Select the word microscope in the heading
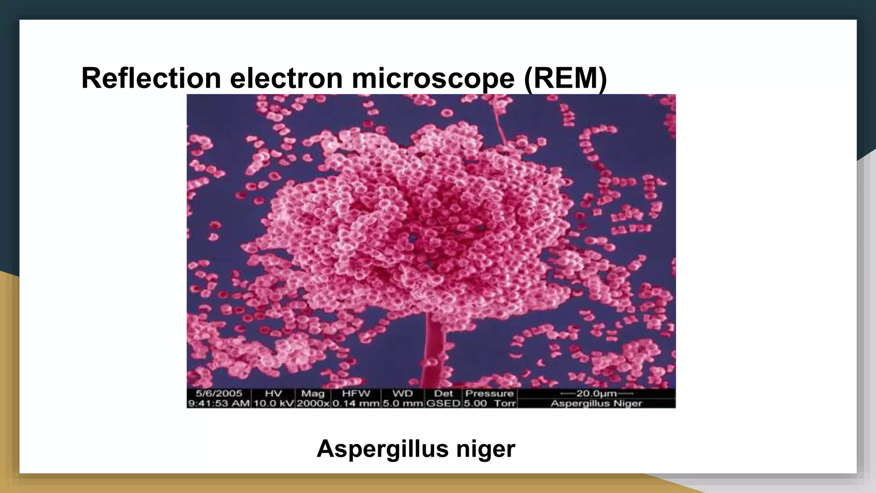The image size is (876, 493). point(433,78)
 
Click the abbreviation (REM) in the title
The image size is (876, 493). point(565,78)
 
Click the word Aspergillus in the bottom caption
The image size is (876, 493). point(382,448)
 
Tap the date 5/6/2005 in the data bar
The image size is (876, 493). point(219,393)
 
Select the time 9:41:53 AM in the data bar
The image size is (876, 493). point(219,403)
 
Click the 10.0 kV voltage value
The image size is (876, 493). point(273,403)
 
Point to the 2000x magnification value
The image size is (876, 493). point(313,403)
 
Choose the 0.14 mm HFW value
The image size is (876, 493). point(356,403)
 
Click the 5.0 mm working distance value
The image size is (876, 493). point(402,403)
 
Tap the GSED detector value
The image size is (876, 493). point(443,403)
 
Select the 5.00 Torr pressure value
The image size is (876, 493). point(490,403)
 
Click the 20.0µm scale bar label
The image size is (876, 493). point(596,393)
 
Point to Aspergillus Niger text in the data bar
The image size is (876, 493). point(596,403)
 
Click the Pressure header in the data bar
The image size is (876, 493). point(489,393)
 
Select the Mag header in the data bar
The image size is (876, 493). point(313,393)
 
